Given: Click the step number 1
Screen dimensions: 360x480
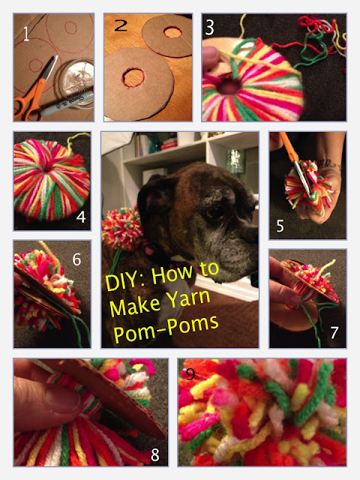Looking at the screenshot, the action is tap(26, 34).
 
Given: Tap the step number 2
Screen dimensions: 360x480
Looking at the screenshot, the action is tap(121, 25).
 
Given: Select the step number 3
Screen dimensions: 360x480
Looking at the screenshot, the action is tap(209, 27).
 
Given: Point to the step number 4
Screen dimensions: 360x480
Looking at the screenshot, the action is tap(81, 217).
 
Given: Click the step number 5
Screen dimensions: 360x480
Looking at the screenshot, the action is tap(280, 226).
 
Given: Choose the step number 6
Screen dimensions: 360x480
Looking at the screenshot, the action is tap(76, 259).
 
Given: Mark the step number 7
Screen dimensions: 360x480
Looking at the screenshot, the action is tap(334, 332).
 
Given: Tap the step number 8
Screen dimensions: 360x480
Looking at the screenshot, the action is tap(155, 455).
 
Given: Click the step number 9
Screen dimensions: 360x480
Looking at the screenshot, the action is tap(190, 373).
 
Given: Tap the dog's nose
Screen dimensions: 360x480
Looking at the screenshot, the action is tap(252, 235).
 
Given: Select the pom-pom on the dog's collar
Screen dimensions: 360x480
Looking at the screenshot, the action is tap(122, 228).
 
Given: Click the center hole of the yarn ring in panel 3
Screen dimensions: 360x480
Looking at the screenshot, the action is tap(227, 86).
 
